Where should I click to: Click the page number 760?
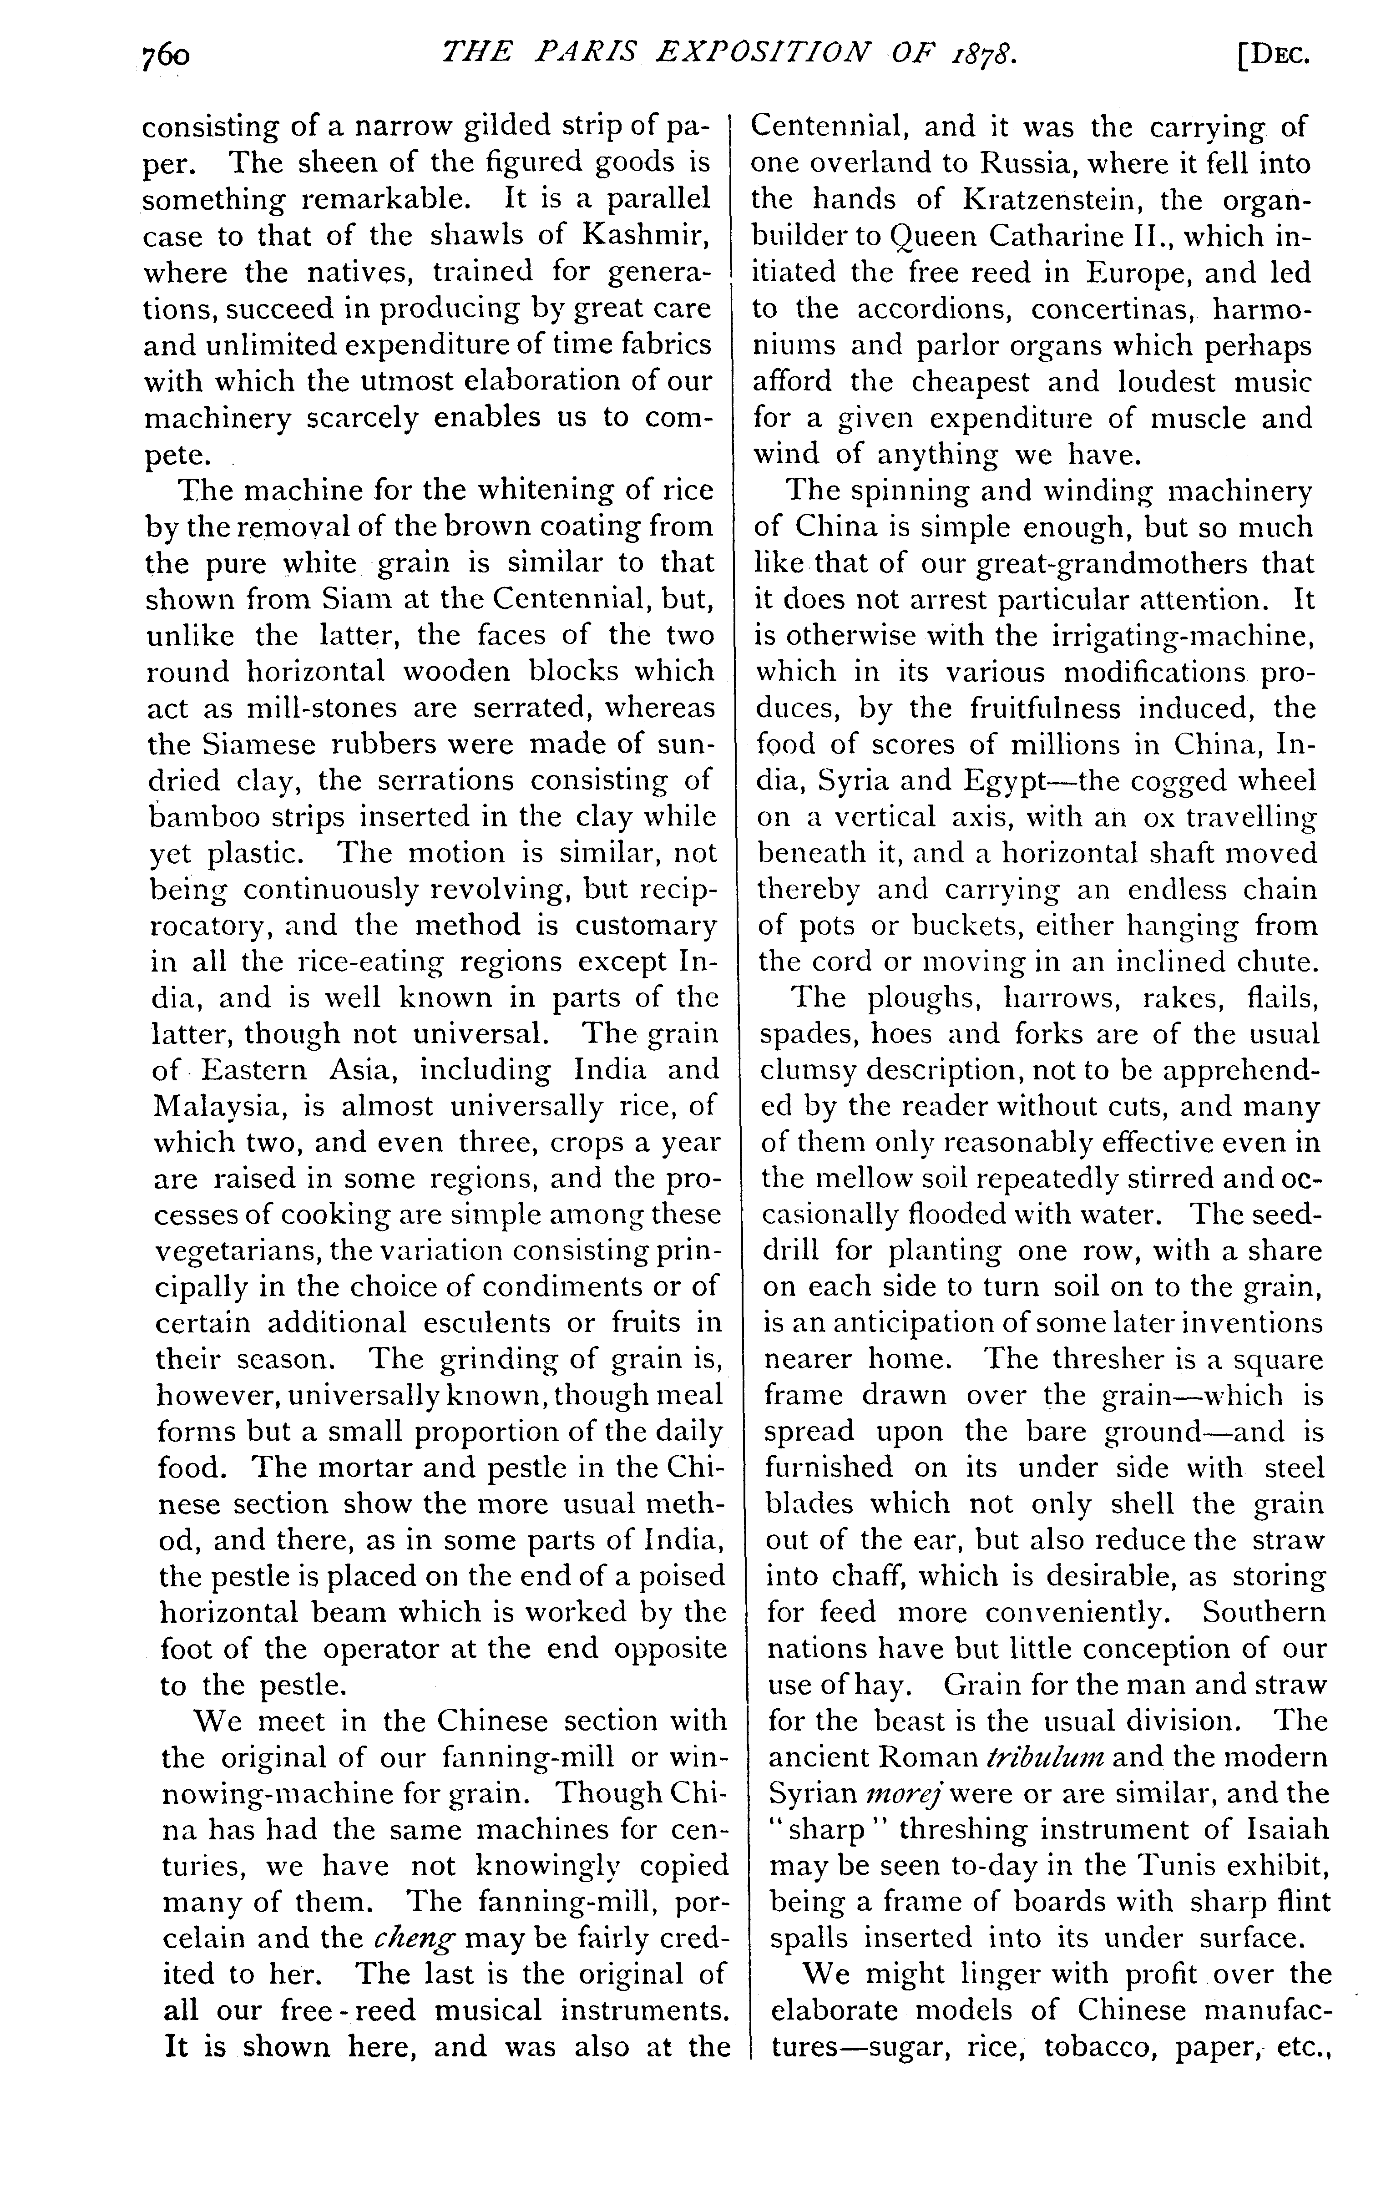coord(165,56)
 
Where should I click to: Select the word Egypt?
coord(1008,781)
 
